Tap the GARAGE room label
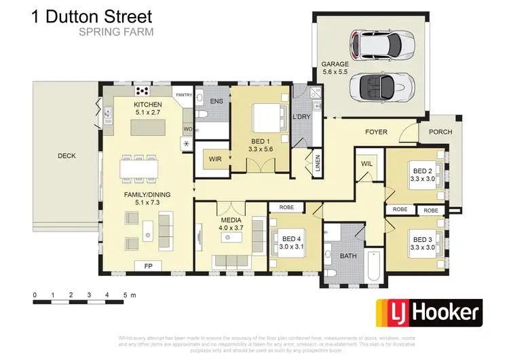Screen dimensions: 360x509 (335, 65)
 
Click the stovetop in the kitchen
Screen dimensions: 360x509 (143, 90)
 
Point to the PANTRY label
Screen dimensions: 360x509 (184, 95)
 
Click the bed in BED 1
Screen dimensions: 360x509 (262, 118)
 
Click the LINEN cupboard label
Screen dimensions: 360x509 (316, 165)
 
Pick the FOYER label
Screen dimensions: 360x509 (376, 131)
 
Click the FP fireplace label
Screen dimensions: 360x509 (148, 266)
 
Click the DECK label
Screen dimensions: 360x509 (67, 156)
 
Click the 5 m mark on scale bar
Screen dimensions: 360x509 (125, 295)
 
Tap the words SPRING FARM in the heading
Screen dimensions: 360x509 (116, 31)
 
